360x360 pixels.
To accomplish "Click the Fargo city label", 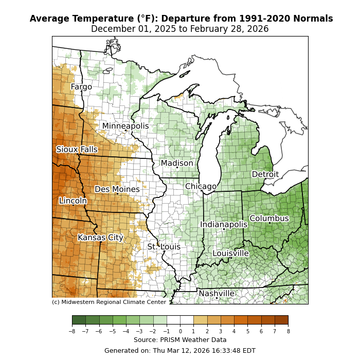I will (81, 87).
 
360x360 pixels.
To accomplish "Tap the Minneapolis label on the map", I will (125, 126).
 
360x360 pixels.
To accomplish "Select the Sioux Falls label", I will (77, 150).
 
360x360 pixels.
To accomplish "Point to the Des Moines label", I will (117, 189).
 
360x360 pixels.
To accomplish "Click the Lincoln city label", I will (73, 201).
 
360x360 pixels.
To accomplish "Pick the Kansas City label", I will (101, 238).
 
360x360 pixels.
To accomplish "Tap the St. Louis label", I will (164, 247).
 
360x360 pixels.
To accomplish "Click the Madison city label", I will (177, 163).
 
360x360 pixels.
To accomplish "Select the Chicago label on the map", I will (201, 186).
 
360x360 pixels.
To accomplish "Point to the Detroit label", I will (265, 174).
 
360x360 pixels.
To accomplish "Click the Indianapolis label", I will (224, 225).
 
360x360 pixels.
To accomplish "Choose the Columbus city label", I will (269, 219).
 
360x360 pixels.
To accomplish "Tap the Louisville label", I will (231, 254).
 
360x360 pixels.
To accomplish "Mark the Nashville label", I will (217, 294).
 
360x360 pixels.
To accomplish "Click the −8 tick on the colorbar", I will (72, 332).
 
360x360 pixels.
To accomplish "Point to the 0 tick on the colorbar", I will (180, 332).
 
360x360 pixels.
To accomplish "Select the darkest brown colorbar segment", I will (281, 320).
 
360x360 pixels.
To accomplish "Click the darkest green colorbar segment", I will (79, 320).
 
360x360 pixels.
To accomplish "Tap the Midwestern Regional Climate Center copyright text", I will (109, 302).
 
